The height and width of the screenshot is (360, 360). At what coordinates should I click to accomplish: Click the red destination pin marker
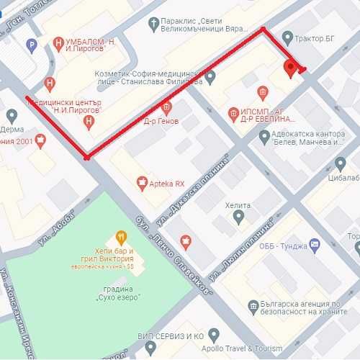click(x=291, y=68)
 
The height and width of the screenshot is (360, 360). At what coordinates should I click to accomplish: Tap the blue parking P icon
click(x=31, y=45)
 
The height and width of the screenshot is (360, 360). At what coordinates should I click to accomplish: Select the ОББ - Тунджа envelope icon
click(x=314, y=245)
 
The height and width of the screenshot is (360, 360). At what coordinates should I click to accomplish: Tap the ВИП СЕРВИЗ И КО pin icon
click(x=150, y=347)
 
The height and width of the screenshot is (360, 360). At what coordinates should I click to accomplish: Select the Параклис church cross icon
click(x=153, y=24)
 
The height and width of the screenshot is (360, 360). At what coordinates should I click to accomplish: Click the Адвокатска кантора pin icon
click(x=264, y=136)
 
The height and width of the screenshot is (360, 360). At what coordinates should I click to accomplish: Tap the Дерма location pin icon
click(x=12, y=115)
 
